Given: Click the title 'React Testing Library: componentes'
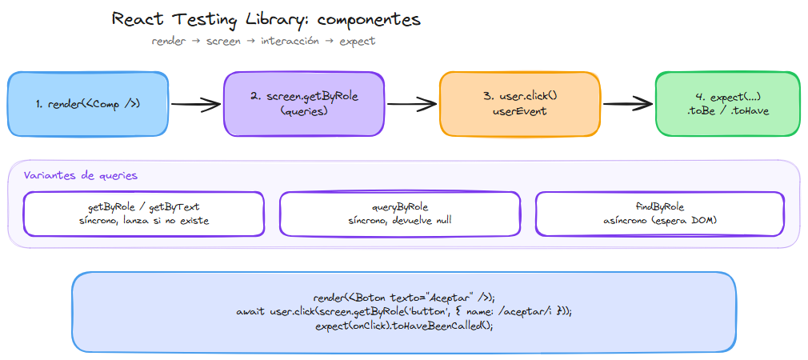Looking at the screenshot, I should (266, 18).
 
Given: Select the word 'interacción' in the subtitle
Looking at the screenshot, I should (290, 41).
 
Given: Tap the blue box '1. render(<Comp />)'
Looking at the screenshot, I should (88, 103).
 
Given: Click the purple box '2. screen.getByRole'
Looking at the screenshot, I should (304, 103).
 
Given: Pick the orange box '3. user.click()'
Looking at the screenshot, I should (520, 103).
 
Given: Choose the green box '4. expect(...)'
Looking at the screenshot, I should (727, 103).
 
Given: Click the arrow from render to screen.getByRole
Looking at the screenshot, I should (195, 103).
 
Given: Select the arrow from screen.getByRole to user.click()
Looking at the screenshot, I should (411, 103).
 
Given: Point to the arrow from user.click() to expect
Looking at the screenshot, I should (627, 103).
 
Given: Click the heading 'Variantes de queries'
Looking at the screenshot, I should (80, 175).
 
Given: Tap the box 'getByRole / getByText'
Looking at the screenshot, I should (144, 214).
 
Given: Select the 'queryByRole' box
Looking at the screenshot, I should (400, 214).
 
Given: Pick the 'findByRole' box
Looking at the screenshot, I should (656, 214).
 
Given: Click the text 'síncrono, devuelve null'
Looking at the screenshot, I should (400, 221).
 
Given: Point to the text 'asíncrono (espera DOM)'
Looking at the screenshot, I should (656, 221).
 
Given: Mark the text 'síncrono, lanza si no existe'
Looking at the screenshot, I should (144, 221).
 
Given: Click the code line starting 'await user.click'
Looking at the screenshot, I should (404, 311).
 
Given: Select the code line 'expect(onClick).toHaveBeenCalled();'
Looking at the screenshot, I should (404, 326).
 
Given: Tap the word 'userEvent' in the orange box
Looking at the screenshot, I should (520, 111).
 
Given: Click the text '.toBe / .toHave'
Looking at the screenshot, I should (727, 111).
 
